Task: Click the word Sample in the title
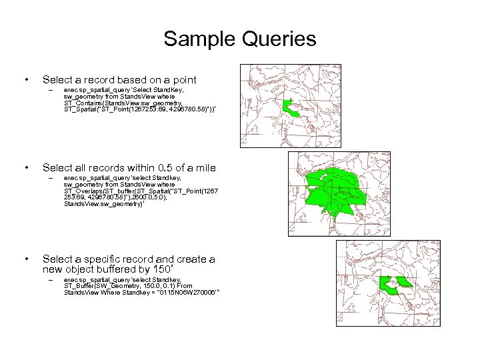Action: tap(195, 39)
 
